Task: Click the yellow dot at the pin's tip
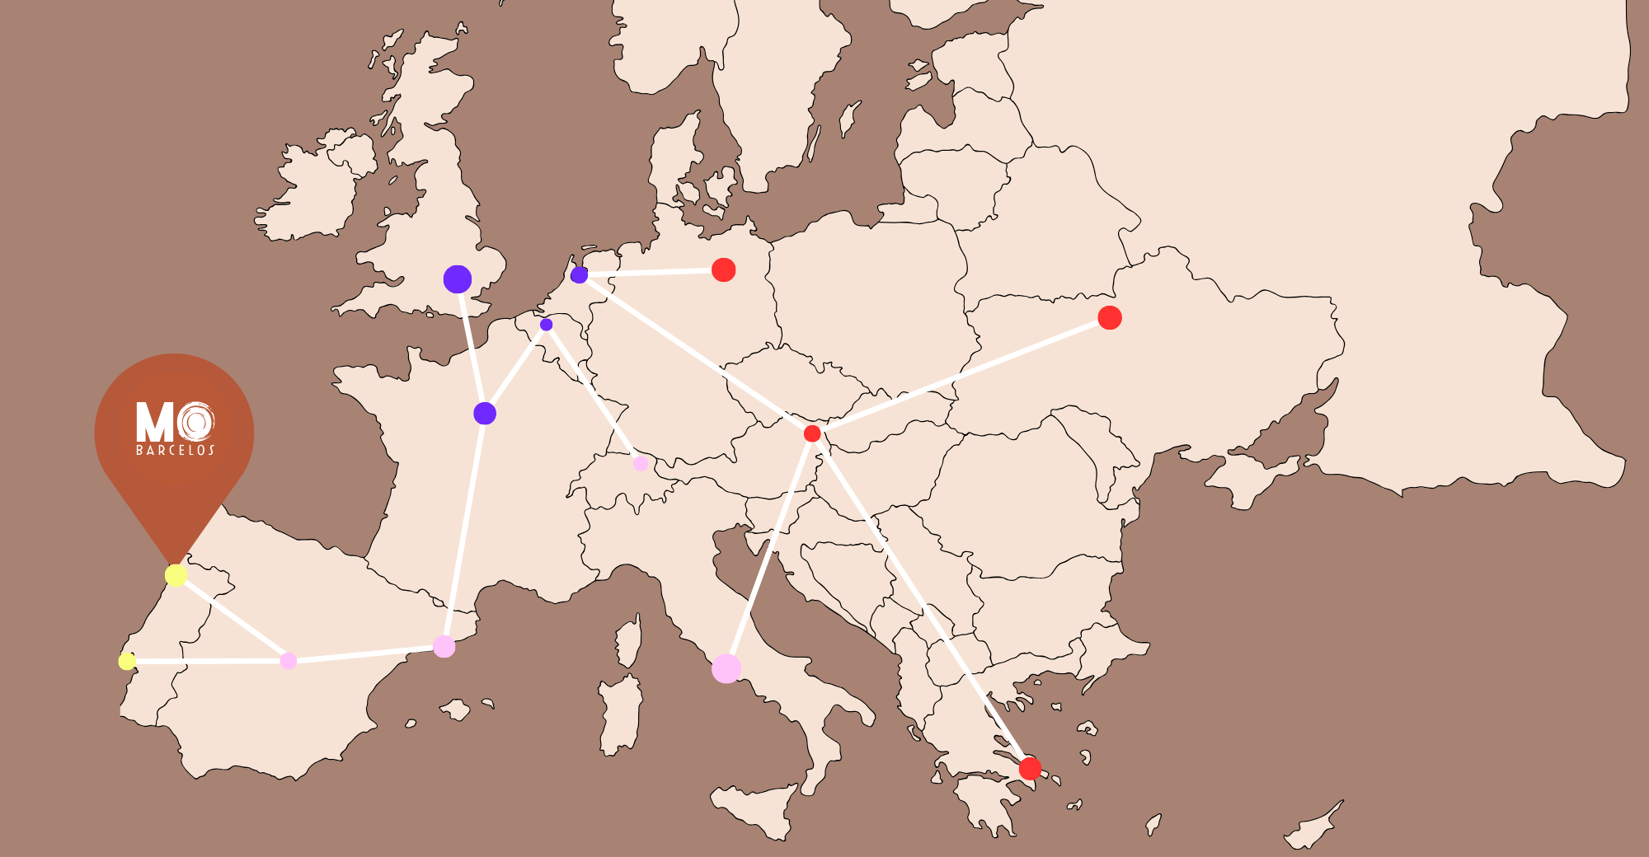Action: (x=176, y=575)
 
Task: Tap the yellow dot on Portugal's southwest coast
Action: (x=127, y=661)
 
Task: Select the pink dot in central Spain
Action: (x=288, y=661)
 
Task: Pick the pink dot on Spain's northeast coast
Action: (x=444, y=646)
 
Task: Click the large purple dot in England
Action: (x=457, y=279)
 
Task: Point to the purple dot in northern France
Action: (x=485, y=413)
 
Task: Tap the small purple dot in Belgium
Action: (x=546, y=325)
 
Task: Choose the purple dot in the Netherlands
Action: (x=580, y=274)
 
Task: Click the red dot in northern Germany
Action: (x=723, y=269)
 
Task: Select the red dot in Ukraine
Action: (x=1110, y=317)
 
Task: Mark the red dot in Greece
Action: (x=1030, y=768)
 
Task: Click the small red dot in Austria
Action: (x=812, y=433)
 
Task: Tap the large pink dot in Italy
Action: (x=726, y=668)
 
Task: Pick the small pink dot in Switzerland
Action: (x=640, y=463)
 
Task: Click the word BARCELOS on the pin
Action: (x=175, y=450)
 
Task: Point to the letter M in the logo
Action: (x=154, y=422)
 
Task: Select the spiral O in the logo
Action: (x=196, y=422)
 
